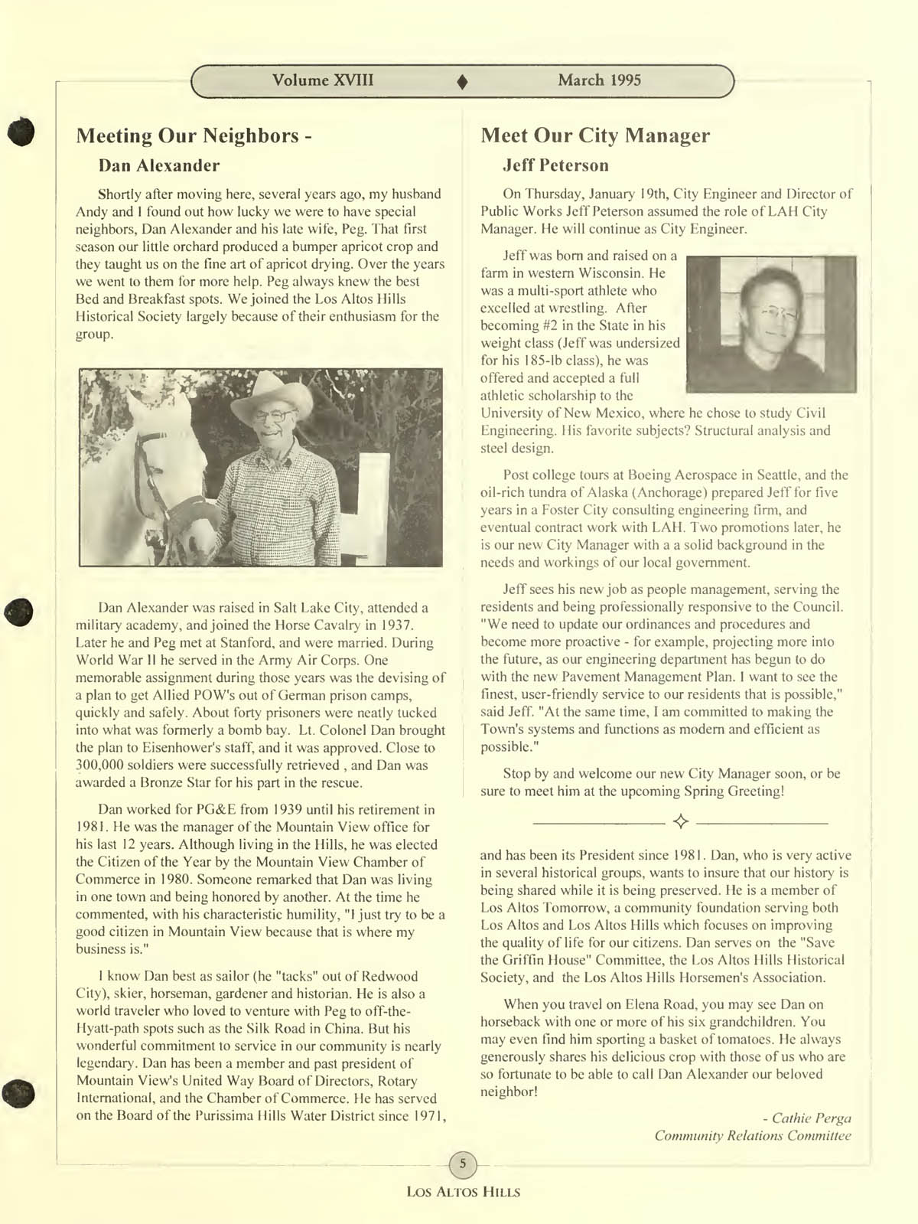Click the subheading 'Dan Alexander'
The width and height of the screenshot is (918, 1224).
(159, 166)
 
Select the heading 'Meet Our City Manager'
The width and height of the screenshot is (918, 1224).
(595, 136)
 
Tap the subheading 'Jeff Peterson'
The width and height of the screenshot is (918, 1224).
(555, 166)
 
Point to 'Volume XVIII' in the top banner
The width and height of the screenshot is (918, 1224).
(323, 80)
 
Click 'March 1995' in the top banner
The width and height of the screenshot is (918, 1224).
(599, 80)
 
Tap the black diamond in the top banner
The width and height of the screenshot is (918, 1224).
(461, 82)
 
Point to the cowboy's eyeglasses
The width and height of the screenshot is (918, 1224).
(274, 416)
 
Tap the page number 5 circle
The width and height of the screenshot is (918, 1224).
(461, 1164)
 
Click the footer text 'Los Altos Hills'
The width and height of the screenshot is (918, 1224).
(463, 1192)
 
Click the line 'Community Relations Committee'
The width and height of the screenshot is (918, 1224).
(753, 1136)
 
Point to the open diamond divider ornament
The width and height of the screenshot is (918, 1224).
(680, 822)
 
